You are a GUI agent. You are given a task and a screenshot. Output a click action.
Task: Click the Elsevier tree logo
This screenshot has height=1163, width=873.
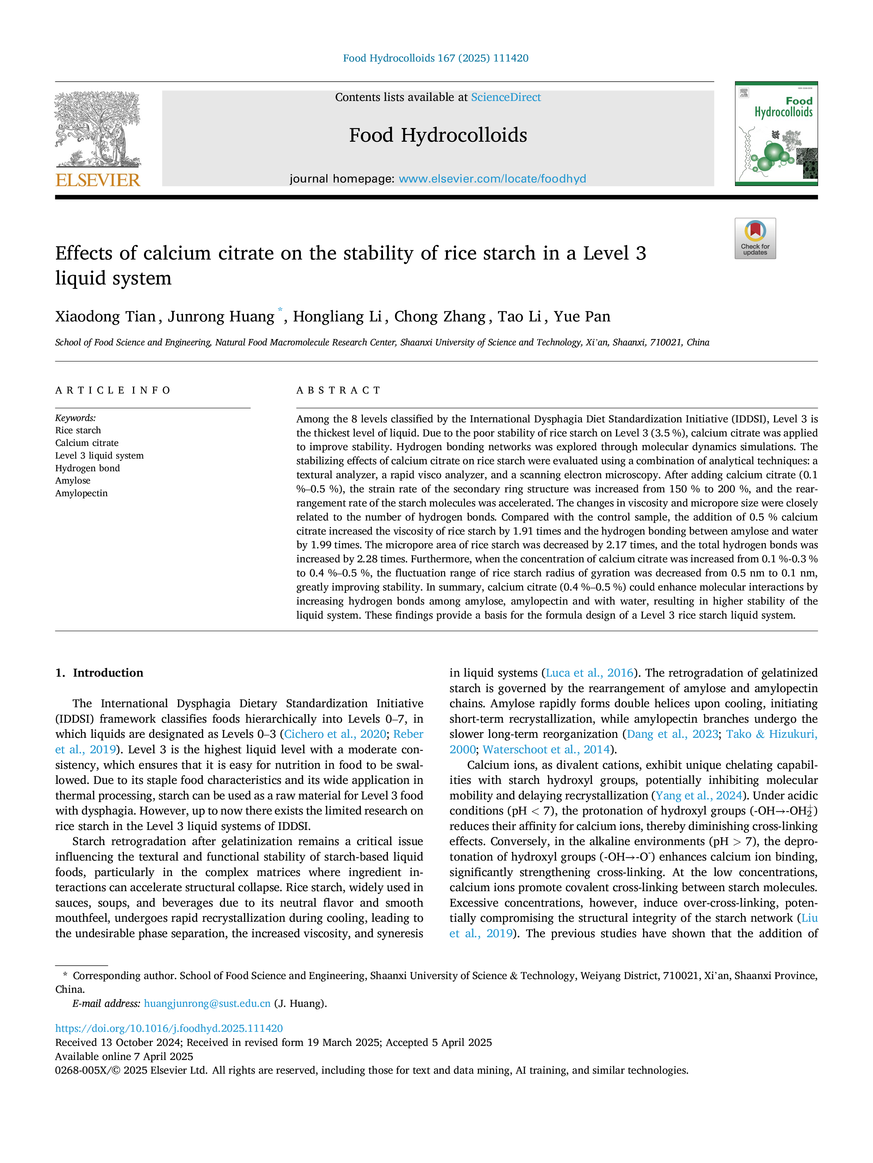coord(98,130)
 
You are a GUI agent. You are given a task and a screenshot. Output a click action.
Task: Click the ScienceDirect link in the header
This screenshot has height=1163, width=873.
coord(506,97)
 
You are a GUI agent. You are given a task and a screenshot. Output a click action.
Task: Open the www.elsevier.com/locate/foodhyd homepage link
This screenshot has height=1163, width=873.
coord(492,179)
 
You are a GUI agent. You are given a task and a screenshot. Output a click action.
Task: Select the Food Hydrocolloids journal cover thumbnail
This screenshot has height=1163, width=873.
coord(776,134)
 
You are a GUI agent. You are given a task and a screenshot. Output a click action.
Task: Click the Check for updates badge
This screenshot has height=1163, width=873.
coord(755,238)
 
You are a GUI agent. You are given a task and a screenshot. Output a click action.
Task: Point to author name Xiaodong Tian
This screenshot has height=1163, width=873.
coord(105,317)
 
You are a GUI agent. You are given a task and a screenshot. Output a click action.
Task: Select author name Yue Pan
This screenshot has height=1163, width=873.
coord(582,317)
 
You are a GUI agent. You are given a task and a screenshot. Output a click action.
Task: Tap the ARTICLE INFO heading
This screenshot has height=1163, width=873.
coord(113,390)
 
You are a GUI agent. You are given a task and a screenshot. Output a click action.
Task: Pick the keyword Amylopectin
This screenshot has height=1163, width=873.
coord(82,493)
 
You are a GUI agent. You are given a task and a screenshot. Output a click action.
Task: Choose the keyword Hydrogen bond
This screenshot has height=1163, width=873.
coord(87,468)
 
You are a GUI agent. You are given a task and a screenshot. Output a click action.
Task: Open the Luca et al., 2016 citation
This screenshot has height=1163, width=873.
coord(589,673)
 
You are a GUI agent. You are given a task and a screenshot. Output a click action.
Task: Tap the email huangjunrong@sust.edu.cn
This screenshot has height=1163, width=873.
coord(207,1003)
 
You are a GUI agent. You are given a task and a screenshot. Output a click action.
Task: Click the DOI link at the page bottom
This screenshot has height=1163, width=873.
coord(169,1028)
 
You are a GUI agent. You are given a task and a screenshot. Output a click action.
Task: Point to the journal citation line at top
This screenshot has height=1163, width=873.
coord(436,58)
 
